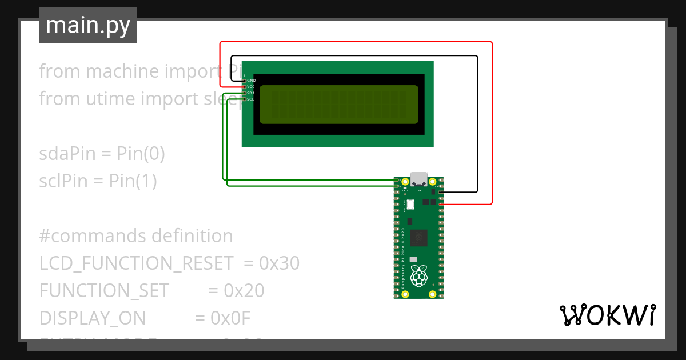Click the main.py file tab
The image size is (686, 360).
(x=87, y=25)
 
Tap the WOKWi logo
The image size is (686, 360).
(x=607, y=315)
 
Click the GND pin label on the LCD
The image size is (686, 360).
(x=251, y=81)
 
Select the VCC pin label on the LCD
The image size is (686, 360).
(x=251, y=87)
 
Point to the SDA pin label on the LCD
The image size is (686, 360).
(x=251, y=93)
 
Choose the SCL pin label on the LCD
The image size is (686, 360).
(x=251, y=99)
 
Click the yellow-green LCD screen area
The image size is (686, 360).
(x=338, y=105)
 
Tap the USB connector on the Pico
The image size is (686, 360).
(x=419, y=179)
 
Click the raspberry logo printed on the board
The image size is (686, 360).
(x=419, y=277)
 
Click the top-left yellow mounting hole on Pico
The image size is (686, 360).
(x=405, y=182)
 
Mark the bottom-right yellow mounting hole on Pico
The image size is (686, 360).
(x=433, y=294)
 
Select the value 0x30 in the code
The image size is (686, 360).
(x=279, y=263)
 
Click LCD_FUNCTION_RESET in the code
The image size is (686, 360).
(x=136, y=263)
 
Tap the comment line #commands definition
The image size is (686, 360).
(x=136, y=236)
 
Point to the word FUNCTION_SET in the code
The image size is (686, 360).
(x=104, y=291)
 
